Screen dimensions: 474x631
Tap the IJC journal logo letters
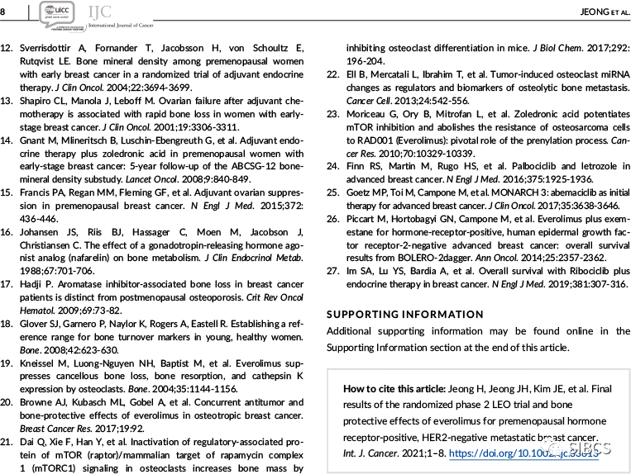click(101, 10)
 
